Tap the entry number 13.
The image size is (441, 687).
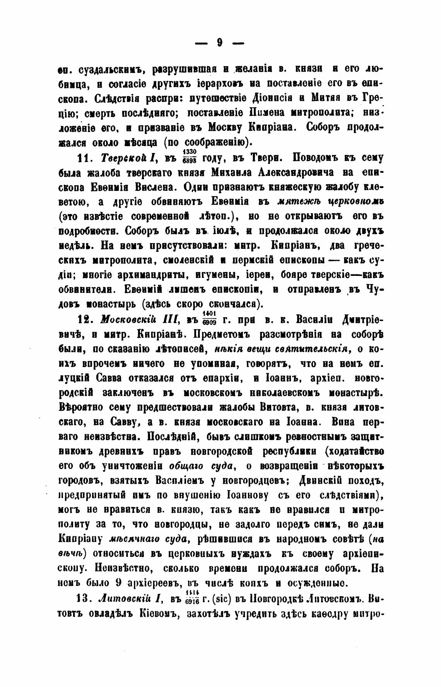pos(84,600)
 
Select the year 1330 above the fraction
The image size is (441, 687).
pos(190,151)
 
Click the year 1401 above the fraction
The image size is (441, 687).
pos(211,312)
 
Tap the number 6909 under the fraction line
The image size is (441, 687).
pos(211,322)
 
